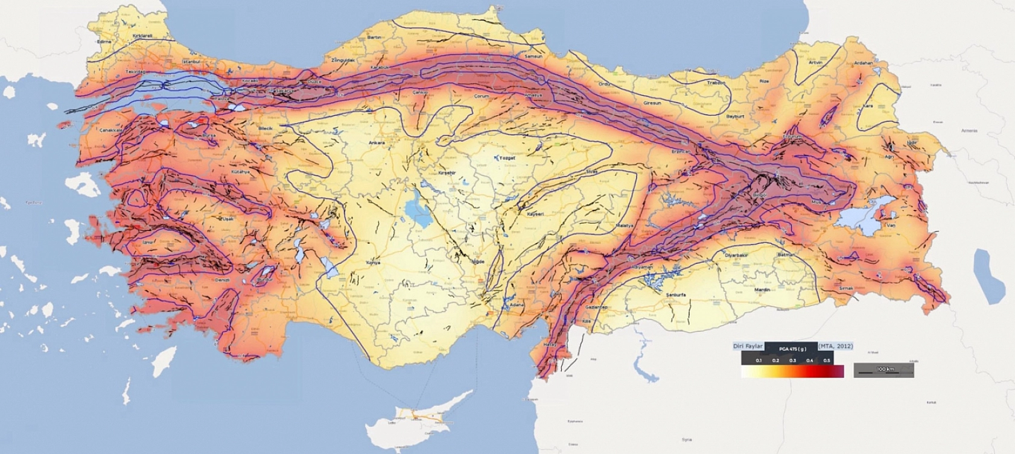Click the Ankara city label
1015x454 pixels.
[x=377, y=143]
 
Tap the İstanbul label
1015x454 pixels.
[x=190, y=61]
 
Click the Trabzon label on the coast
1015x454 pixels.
[x=716, y=83]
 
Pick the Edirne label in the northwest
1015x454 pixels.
[x=104, y=42]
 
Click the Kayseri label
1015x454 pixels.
[x=535, y=214]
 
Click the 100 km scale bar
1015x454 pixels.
[x=883, y=369]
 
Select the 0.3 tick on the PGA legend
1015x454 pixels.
[x=792, y=361]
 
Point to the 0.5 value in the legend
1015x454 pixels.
[x=827, y=361]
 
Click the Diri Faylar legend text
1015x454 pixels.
[x=748, y=346]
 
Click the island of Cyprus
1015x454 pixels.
[x=422, y=416]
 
